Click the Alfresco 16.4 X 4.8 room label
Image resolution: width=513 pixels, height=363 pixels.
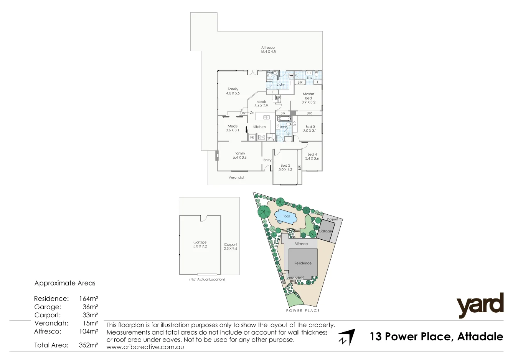tap(268, 50)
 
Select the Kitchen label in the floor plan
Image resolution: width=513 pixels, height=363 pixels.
tap(259, 127)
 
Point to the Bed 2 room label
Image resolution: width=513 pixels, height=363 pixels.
tap(285, 167)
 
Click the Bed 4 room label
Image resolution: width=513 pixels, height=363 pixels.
tap(312, 156)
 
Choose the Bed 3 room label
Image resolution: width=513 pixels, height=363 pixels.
tap(310, 129)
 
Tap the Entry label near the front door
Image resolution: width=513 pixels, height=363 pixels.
tap(267, 160)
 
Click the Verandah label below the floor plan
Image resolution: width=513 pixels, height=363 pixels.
tap(237, 177)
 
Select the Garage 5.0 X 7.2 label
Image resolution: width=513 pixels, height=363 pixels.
tap(200, 244)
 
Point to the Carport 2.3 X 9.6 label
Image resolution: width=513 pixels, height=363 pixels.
tap(231, 247)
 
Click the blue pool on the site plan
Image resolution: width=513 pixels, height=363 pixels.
tap(286, 217)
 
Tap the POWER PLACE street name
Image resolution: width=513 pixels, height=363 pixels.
tap(303, 310)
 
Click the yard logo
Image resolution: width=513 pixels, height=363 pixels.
tap(480, 305)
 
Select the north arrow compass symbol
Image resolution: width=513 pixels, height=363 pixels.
tap(346, 337)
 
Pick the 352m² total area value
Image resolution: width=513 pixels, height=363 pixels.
tap(88, 345)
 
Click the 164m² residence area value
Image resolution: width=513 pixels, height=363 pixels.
tap(88, 298)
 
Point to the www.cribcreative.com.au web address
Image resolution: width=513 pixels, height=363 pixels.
tap(145, 347)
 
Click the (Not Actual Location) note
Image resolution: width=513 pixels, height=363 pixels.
tap(207, 279)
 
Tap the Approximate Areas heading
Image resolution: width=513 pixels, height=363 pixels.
tap(65, 283)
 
